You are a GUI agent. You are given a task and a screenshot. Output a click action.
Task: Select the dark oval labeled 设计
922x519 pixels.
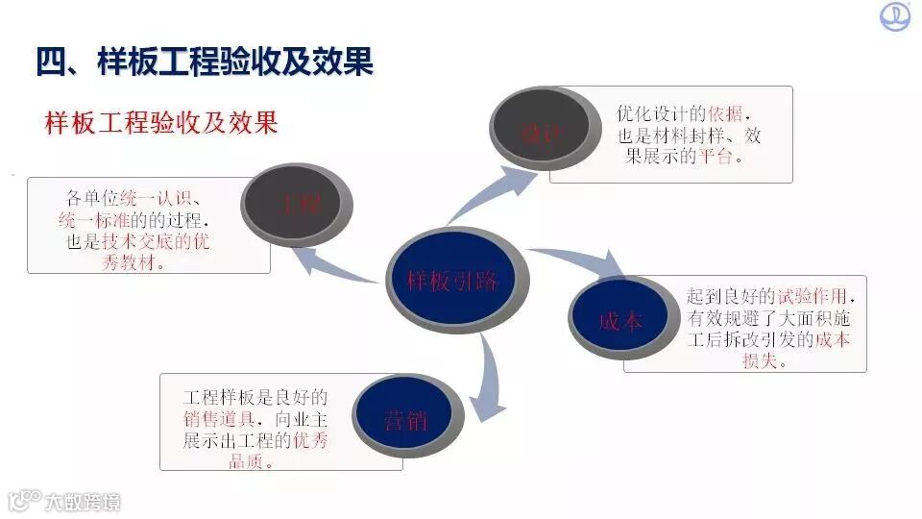click(x=540, y=133)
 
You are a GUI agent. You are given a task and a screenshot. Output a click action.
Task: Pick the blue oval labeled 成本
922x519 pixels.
click(x=620, y=321)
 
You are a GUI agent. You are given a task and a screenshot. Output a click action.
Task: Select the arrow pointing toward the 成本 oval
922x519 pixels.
click(x=576, y=260)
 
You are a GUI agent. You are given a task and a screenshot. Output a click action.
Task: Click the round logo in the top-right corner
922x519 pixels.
click(x=895, y=16)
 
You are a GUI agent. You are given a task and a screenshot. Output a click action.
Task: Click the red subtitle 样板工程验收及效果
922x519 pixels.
click(x=161, y=123)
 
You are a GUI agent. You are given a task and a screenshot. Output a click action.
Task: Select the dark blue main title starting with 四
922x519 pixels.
click(x=204, y=62)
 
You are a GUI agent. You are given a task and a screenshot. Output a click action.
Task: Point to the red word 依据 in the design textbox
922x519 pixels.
click(x=730, y=114)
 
